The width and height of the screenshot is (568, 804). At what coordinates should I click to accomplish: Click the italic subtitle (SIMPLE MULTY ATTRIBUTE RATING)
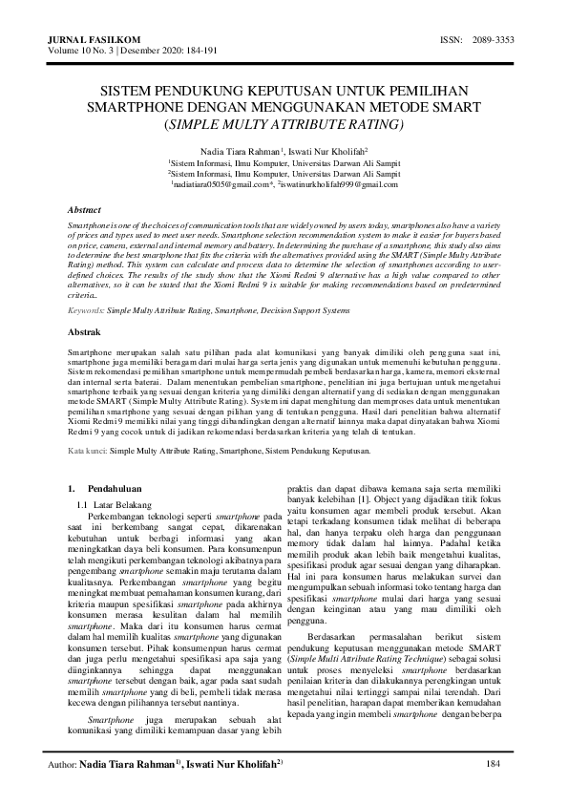click(x=284, y=124)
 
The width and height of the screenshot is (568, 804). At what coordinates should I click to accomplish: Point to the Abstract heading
click(x=89, y=208)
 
